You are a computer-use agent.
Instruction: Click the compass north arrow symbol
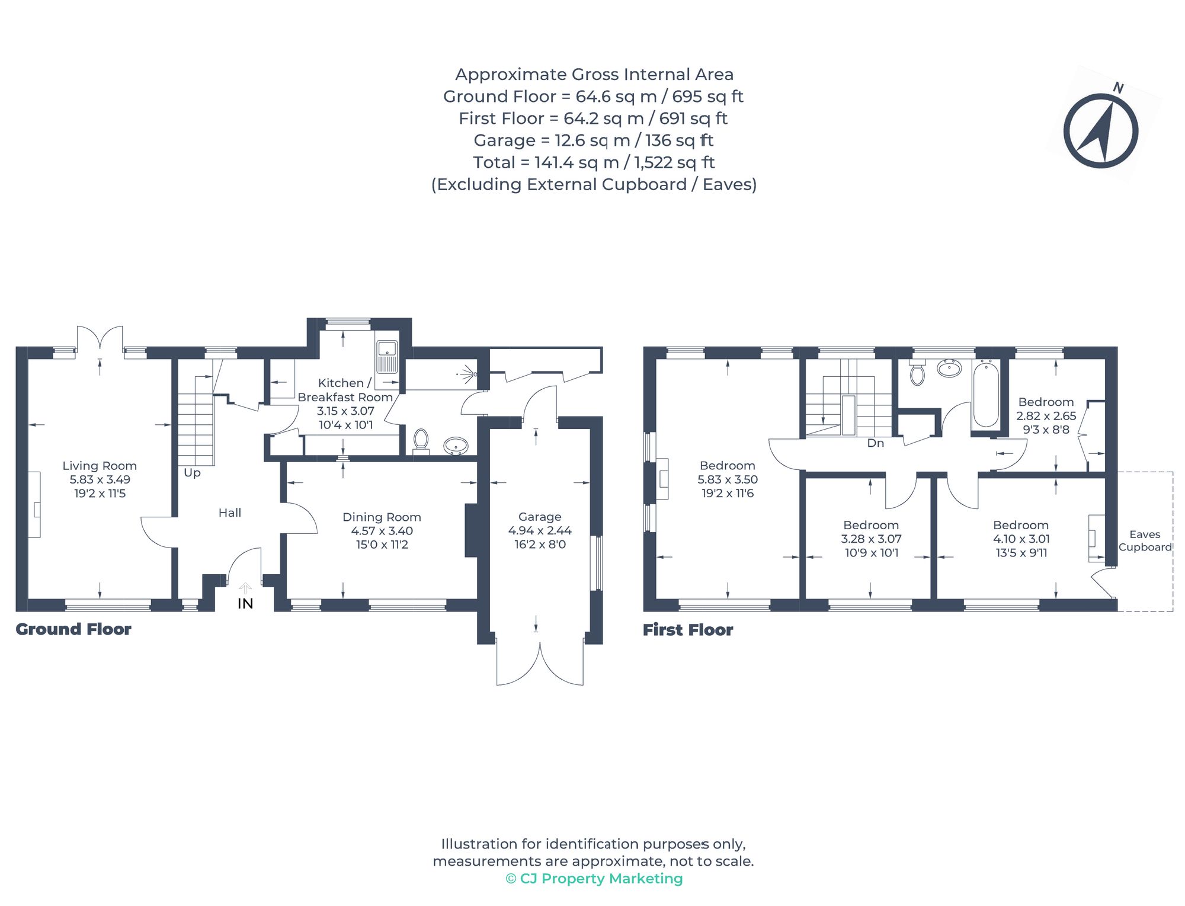coord(1100,131)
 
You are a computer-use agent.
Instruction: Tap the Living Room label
coord(100,466)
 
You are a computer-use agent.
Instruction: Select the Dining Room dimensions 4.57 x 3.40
coord(382,531)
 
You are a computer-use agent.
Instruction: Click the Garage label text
coord(539,517)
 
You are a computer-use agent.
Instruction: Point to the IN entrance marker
coord(245,603)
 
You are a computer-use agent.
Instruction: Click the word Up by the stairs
coord(192,473)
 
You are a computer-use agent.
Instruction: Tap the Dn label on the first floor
coord(875,443)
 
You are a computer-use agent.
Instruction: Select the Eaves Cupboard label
coord(1145,541)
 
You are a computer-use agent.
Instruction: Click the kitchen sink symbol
coord(387,357)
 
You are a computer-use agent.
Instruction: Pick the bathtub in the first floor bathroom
coord(986,394)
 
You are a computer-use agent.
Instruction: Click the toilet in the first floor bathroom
coord(917,373)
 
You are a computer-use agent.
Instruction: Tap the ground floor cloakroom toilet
coord(421,440)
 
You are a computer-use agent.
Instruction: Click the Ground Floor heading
coord(73,629)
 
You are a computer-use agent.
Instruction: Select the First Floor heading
coord(688,630)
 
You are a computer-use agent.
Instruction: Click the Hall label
coord(230,513)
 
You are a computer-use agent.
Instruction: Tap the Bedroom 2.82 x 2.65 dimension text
coord(1046,416)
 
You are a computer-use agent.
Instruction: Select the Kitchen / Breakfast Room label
coord(345,390)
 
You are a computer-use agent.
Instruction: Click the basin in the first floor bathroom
coord(949,369)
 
